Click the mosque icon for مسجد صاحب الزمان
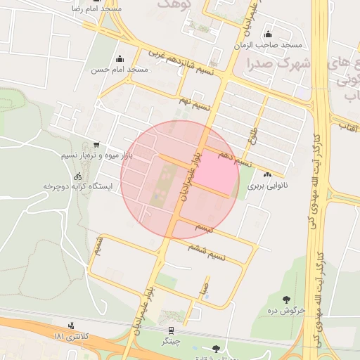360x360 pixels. (267, 34)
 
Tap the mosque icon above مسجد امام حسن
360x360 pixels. (120, 59)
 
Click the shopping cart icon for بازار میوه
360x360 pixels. (96, 144)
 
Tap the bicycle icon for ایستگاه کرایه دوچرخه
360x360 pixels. (78, 176)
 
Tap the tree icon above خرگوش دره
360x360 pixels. (286, 300)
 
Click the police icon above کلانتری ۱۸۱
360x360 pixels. (71, 326)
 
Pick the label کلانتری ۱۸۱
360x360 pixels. (72, 337)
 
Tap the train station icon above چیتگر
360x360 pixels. (171, 330)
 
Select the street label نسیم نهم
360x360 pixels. (193, 104)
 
